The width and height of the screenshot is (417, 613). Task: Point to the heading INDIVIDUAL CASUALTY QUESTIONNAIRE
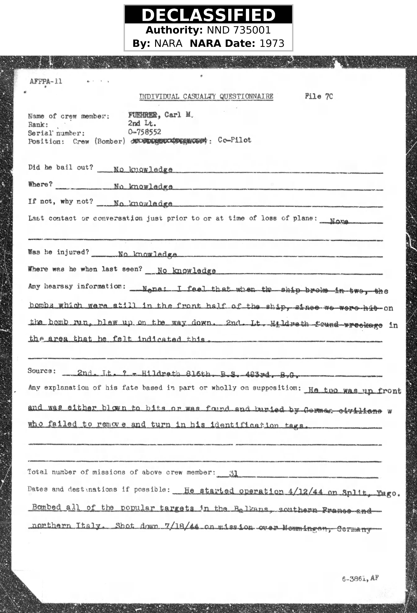206,97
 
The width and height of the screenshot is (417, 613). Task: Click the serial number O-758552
144,132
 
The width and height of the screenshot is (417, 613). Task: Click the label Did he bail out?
61,167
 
